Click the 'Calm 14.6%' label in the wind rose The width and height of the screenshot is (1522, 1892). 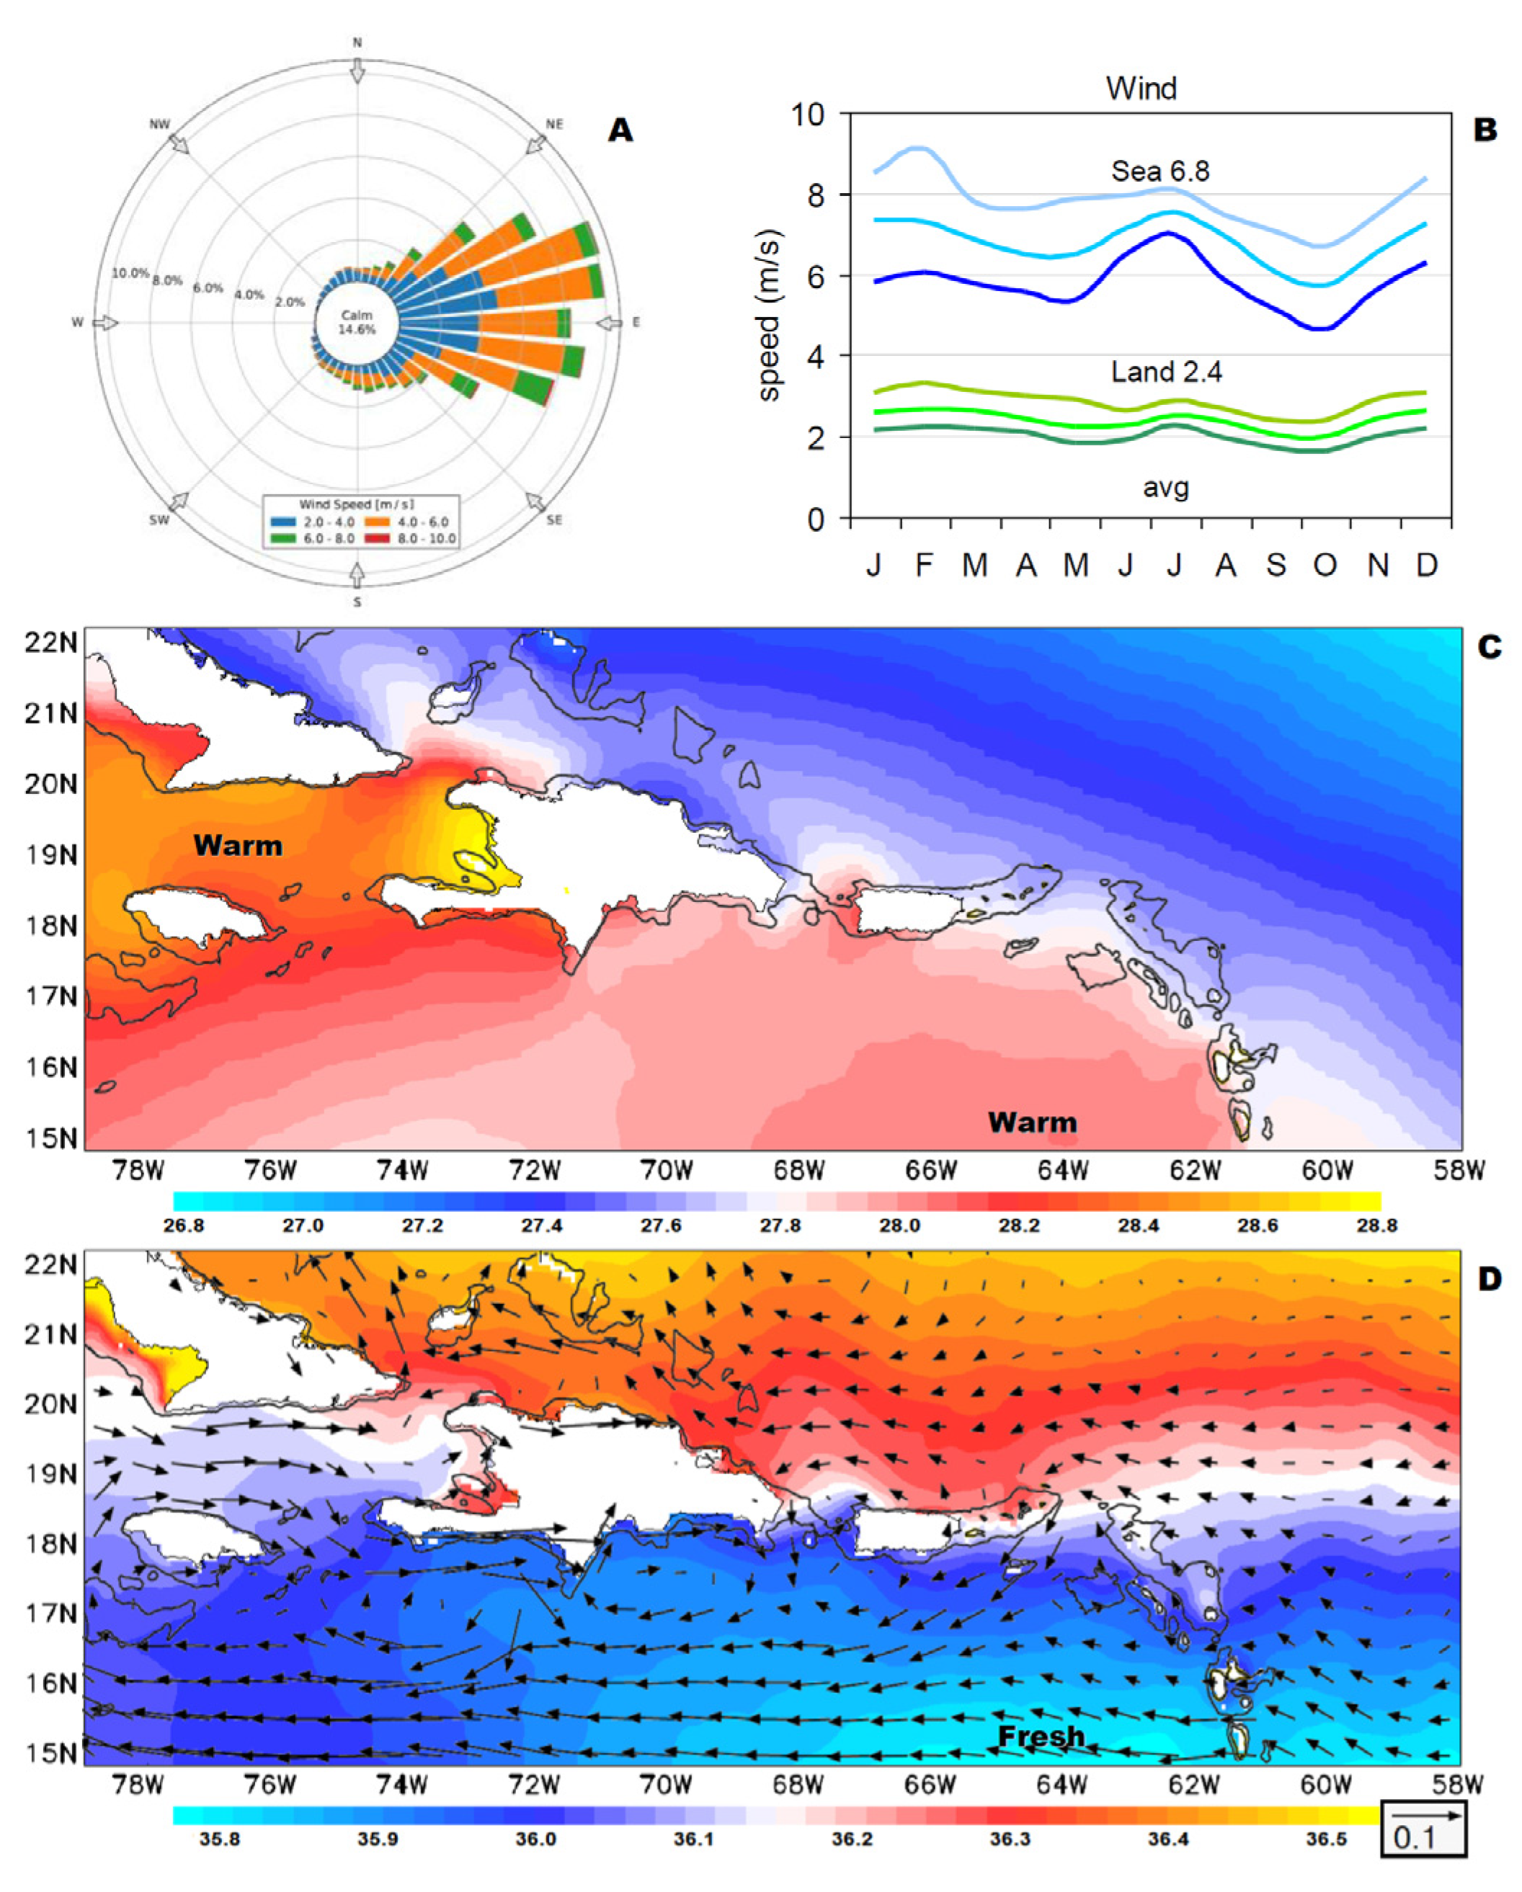(x=357, y=322)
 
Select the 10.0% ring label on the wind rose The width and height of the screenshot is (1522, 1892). (x=130, y=273)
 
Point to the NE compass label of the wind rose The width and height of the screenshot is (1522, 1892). (x=555, y=125)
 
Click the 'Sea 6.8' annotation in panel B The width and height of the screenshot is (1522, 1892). (x=1160, y=171)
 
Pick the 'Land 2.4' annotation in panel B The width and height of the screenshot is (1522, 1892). (x=1165, y=372)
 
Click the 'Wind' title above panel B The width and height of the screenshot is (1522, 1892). (x=1141, y=89)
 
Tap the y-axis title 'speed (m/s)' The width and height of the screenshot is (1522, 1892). (x=768, y=316)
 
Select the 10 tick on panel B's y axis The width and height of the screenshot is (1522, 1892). (x=808, y=114)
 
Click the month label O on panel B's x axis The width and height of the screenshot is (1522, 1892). (x=1325, y=565)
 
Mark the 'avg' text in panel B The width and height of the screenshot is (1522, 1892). (x=1165, y=487)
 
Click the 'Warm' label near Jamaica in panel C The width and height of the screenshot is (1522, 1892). (x=238, y=846)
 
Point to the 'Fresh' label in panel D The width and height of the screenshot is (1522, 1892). (x=1041, y=1736)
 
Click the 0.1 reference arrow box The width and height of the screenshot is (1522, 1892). (x=1423, y=1828)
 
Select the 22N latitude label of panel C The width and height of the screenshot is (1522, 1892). (x=51, y=643)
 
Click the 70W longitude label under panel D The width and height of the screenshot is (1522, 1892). (x=665, y=1784)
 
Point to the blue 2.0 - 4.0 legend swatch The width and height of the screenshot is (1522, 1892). (x=282, y=522)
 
